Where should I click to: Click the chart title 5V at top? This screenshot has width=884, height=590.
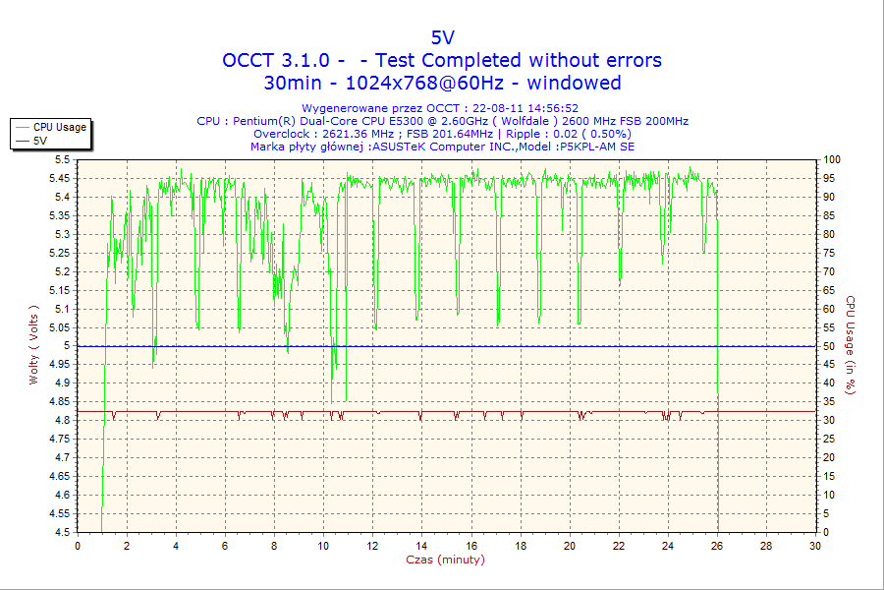pyautogui.click(x=442, y=37)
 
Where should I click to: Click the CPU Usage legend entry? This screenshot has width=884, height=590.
pyautogui.click(x=59, y=127)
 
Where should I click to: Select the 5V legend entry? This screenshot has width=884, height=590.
pyautogui.click(x=40, y=141)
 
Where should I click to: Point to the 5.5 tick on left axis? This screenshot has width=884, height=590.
pyautogui.click(x=62, y=159)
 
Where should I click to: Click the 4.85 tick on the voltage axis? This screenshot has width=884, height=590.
pyautogui.click(x=59, y=402)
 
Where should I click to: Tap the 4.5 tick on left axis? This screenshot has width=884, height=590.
pyautogui.click(x=62, y=533)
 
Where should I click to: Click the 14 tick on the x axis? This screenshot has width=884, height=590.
pyautogui.click(x=421, y=545)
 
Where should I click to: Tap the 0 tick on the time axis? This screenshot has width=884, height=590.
pyautogui.click(x=78, y=545)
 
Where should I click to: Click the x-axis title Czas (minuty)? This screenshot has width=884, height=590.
pyautogui.click(x=445, y=560)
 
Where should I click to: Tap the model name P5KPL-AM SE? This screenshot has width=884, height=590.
pyautogui.click(x=596, y=147)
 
